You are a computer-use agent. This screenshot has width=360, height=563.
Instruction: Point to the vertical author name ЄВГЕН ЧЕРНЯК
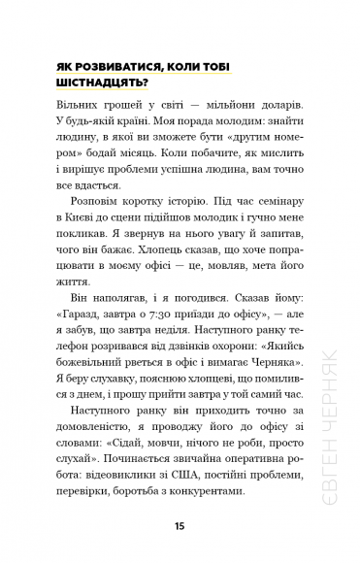click(335, 456)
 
